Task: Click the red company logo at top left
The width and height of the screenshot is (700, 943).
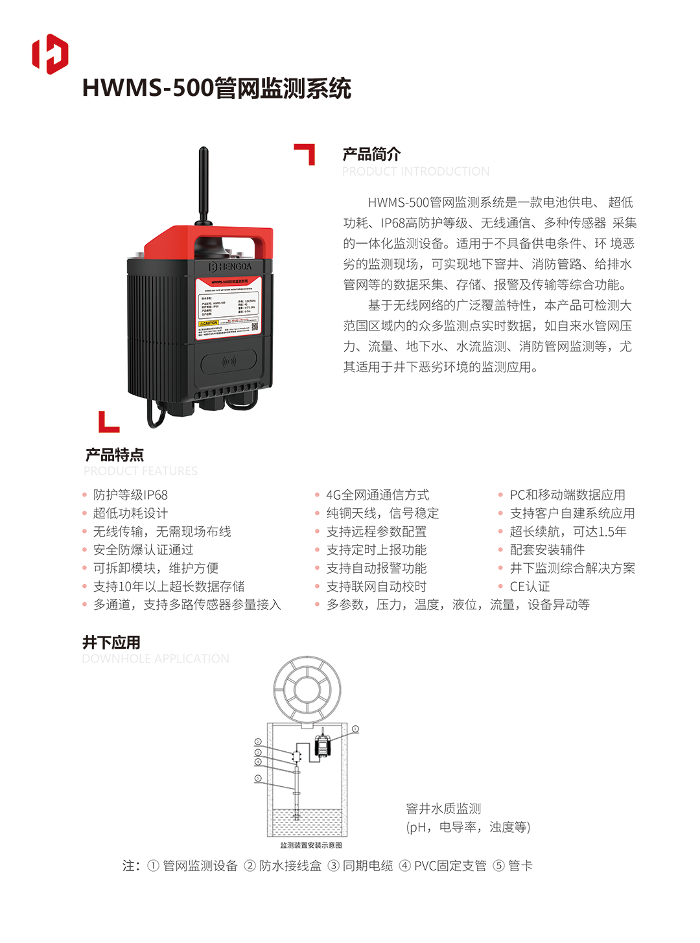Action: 50,54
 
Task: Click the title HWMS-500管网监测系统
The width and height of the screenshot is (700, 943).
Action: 216,88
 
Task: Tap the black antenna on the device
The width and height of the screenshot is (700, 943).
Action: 203,185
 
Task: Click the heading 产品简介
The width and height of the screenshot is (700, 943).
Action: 371,154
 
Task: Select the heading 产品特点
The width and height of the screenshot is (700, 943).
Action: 115,454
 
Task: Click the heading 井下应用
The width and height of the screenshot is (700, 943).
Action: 111,642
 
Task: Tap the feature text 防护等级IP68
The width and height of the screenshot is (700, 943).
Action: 130,495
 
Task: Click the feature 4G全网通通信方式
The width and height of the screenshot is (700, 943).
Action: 377,495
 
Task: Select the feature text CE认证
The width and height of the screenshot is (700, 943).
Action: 530,587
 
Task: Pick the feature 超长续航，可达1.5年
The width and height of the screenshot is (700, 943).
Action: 568,531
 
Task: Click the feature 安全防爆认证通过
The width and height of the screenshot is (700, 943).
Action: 143,550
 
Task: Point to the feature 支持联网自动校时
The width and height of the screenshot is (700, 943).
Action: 376,587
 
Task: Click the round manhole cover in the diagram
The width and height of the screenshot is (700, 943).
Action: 307,689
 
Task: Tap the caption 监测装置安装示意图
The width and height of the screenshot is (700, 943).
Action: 311,845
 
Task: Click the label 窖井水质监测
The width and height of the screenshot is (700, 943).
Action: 443,809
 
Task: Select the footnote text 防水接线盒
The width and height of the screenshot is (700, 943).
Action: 290,866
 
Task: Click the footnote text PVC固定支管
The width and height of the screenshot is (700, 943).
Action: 450,866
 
